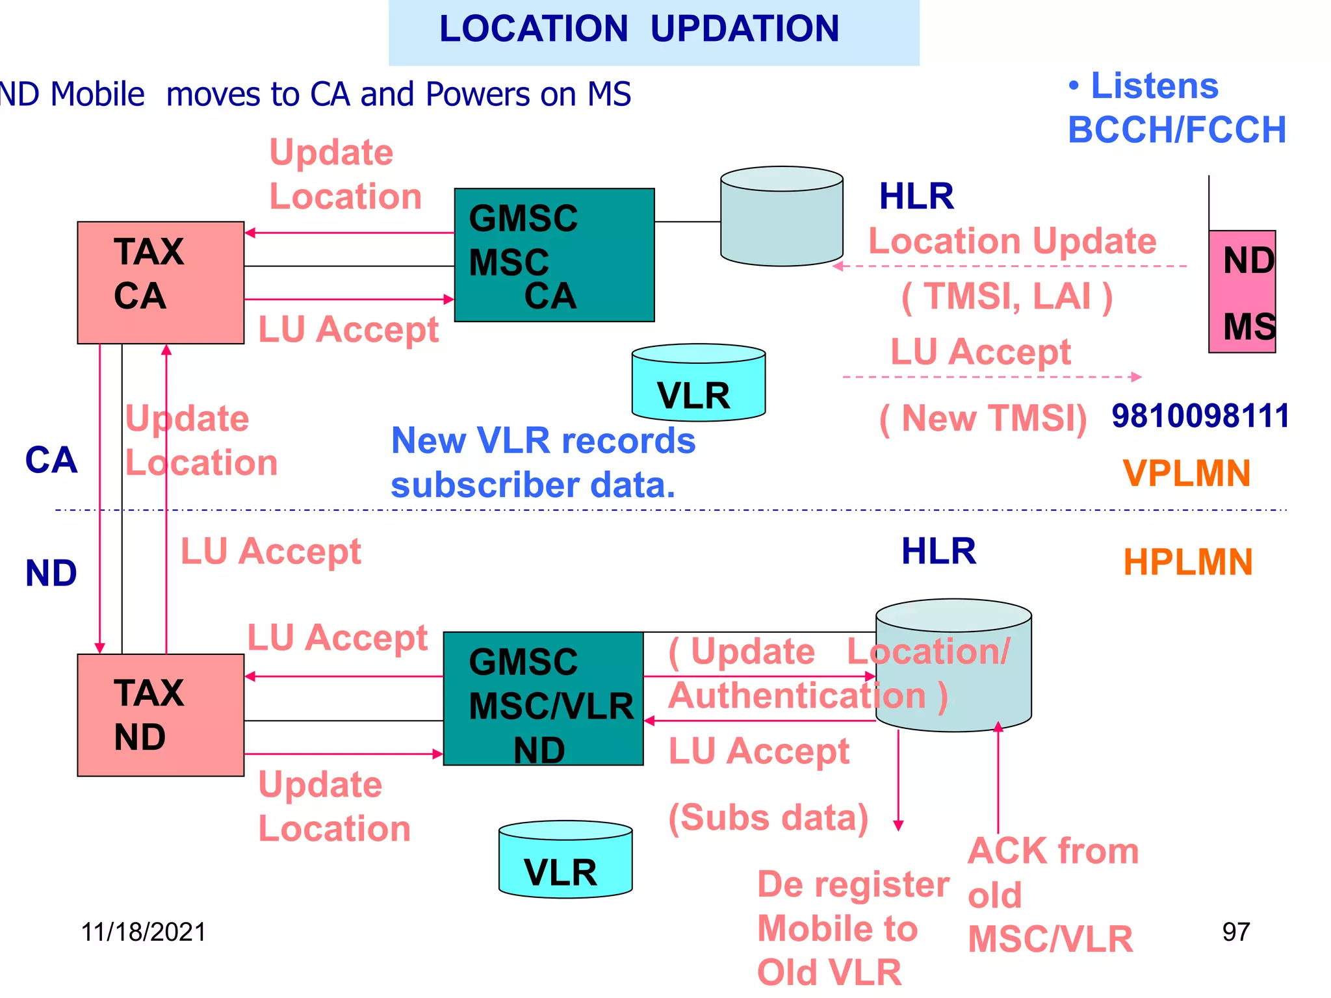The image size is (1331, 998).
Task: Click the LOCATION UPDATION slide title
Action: pos(640,29)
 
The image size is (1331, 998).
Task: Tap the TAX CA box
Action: pos(161,283)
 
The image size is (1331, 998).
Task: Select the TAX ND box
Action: pos(161,715)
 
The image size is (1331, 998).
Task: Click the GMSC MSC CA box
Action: pos(554,255)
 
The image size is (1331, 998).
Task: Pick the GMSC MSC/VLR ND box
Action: pos(543,698)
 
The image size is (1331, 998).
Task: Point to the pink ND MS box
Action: pos(1242,292)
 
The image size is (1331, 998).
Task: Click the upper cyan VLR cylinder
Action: pos(699,383)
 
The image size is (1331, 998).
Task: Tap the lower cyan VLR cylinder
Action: pos(565,860)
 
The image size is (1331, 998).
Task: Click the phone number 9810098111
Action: pos(1200,416)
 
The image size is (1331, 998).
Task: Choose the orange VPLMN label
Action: pos(1187,473)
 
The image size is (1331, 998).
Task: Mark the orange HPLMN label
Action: pos(1188,562)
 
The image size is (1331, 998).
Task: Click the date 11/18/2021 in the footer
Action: pos(143,932)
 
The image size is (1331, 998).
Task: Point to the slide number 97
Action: pos(1236,932)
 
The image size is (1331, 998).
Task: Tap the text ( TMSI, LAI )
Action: pos(1007,296)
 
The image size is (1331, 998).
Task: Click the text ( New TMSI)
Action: pos(983,418)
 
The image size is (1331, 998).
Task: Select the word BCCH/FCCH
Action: pos(1177,130)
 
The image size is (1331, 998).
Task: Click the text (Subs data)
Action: pos(769,817)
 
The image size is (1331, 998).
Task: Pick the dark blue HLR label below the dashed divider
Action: pos(938,551)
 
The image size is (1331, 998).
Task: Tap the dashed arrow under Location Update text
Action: pos(1011,266)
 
